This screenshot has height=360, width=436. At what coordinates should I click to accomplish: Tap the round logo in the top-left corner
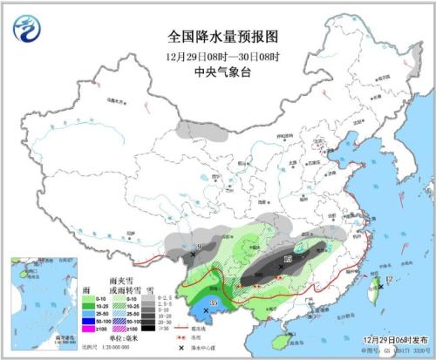[x=28, y=30]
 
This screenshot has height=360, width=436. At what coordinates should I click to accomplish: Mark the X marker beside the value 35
[x=207, y=310]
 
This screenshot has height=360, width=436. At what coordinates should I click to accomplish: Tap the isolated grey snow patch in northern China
[x=201, y=131]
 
